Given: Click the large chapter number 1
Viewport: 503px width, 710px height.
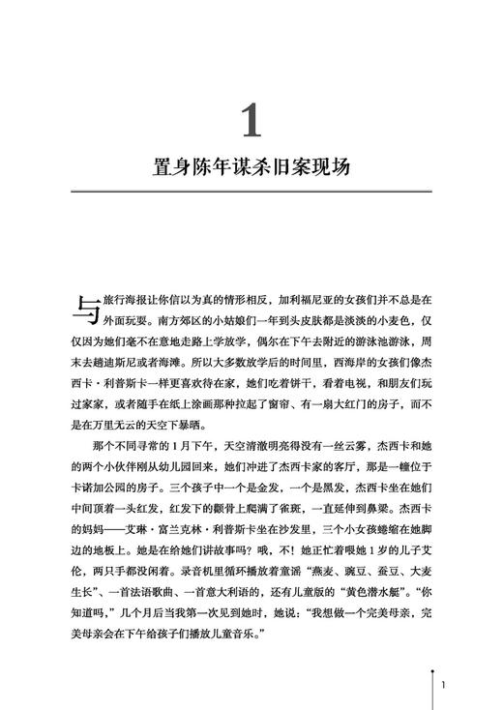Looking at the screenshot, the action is coord(251,122).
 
